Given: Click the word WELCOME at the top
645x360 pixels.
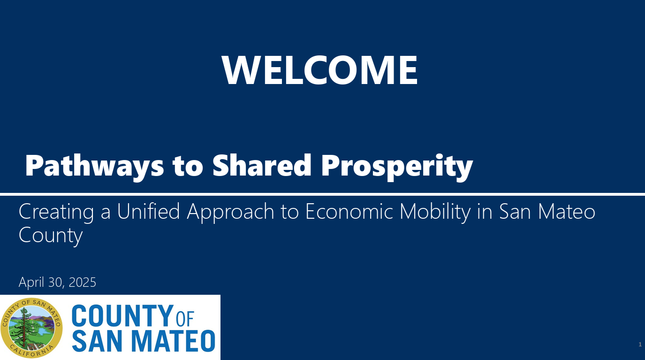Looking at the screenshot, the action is [x=319, y=70].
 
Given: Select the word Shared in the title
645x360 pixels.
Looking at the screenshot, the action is [x=262, y=165].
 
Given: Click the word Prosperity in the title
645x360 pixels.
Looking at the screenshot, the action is [x=397, y=167].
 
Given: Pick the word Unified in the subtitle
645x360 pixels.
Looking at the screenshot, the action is [x=148, y=211].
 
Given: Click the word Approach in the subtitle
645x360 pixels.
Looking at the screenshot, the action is [x=230, y=213].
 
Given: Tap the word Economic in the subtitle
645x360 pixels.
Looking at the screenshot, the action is [x=349, y=211].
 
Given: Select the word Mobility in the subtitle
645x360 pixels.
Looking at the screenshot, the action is [x=435, y=213].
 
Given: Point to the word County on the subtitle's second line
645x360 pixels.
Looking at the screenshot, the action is [x=51, y=236].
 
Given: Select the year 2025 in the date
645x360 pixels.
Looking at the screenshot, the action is [x=83, y=282].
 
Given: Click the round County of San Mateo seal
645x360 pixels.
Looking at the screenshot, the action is [x=31, y=328].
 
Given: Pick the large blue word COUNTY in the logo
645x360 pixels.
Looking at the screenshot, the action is [x=122, y=316].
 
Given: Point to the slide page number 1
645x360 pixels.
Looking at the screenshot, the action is [x=640, y=345].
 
